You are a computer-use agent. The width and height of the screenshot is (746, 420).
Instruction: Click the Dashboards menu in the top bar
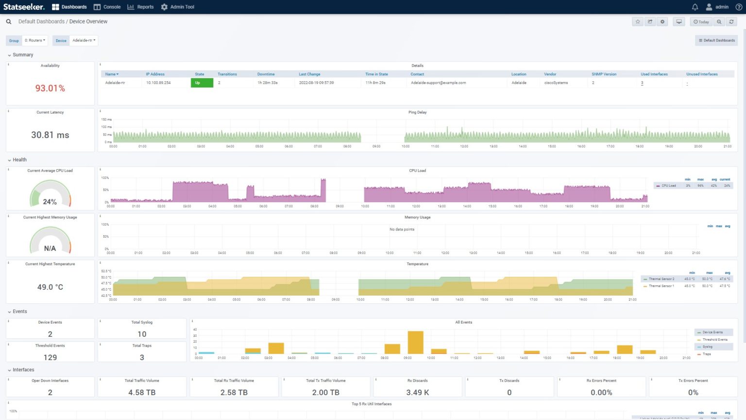pyautogui.click(x=69, y=7)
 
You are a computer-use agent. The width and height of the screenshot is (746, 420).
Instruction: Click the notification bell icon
pyautogui.click(x=695, y=7)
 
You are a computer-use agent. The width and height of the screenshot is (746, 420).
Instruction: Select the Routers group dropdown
pyautogui.click(x=35, y=40)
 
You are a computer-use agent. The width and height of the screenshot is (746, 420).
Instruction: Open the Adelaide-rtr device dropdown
pyautogui.click(x=84, y=40)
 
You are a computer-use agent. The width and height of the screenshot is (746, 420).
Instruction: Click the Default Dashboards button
pyautogui.click(x=716, y=40)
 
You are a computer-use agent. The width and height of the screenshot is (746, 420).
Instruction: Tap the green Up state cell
pyautogui.click(x=202, y=83)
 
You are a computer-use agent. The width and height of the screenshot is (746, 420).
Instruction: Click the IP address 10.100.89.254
pyautogui.click(x=158, y=83)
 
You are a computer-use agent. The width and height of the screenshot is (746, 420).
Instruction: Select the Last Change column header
pyautogui.click(x=309, y=74)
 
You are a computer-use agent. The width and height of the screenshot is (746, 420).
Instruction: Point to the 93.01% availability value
pyautogui.click(x=50, y=88)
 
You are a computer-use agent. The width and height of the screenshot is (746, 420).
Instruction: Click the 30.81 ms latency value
pyautogui.click(x=50, y=135)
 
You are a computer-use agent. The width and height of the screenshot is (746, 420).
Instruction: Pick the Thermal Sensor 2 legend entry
pyautogui.click(x=661, y=279)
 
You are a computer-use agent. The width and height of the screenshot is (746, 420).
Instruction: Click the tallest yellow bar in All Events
pyautogui.click(x=415, y=342)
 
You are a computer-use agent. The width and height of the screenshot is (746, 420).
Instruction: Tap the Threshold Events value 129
pyautogui.click(x=50, y=357)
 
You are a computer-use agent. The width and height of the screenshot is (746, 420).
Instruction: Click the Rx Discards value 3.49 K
pyautogui.click(x=417, y=392)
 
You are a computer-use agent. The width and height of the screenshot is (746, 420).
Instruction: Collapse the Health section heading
pyautogui.click(x=19, y=160)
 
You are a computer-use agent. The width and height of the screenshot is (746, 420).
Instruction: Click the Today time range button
pyautogui.click(x=701, y=22)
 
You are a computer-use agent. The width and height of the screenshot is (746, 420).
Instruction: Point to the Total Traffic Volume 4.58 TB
pyautogui.click(x=142, y=392)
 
